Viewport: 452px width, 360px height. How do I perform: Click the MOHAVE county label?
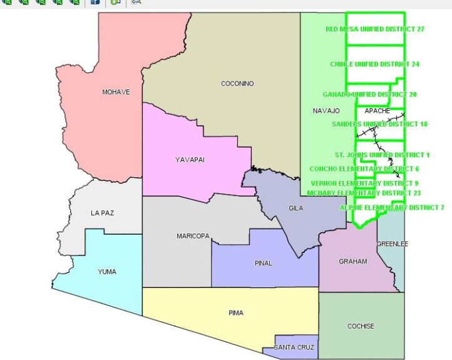coord(116,92)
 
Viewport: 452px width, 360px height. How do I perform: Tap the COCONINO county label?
coord(237,83)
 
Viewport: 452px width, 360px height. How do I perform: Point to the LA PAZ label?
coord(103,213)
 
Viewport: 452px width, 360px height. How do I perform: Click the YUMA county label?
coord(107,272)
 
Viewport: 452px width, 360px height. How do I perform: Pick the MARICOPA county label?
coord(192,236)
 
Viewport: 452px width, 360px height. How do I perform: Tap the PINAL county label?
coord(264,263)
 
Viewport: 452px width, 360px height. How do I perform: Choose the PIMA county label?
coord(236,313)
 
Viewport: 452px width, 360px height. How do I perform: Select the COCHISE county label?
coord(361,326)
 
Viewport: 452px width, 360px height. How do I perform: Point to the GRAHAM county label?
coord(353,261)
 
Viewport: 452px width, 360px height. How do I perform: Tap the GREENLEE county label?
coord(392,244)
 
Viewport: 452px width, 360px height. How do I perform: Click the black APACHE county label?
coord(377,111)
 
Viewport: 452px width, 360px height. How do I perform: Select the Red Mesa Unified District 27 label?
coord(375,29)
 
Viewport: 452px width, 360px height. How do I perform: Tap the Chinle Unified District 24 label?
coord(374,64)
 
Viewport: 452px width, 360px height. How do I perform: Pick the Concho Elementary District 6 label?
coord(364,169)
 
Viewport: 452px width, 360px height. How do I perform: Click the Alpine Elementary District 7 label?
coord(392,207)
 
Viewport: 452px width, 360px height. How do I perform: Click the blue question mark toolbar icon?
coord(95,3)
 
